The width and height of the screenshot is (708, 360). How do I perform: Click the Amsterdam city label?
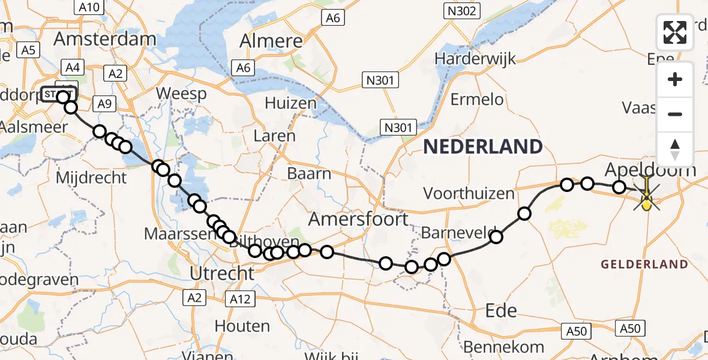[x=105, y=39]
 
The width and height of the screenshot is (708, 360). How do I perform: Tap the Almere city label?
[x=271, y=41]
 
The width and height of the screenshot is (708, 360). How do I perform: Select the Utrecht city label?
[x=222, y=274]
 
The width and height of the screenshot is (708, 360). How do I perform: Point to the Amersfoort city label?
[x=358, y=220]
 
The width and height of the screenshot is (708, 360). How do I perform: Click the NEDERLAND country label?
[x=483, y=146]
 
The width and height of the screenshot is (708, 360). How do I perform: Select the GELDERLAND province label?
[x=644, y=264]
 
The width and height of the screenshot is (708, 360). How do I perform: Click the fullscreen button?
[x=675, y=32]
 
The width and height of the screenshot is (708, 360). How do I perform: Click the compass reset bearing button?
[x=675, y=149]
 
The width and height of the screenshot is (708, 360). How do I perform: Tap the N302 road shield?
[x=461, y=11]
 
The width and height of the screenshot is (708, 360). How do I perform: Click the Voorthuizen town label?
[x=469, y=193]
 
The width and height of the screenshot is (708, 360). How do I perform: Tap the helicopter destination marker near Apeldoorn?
[x=647, y=196]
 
